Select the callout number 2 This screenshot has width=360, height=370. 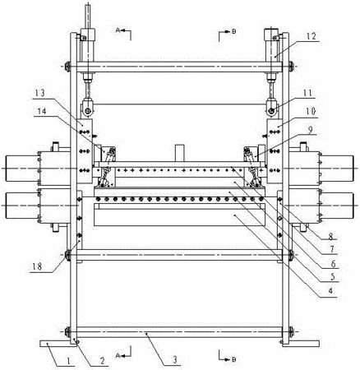click(102, 361)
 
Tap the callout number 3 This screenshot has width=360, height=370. click(175, 359)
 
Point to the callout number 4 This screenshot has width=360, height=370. click(330, 290)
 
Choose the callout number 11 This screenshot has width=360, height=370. click(307, 93)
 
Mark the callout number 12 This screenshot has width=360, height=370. click(312, 36)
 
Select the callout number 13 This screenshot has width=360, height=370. click(39, 93)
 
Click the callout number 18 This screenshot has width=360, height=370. click(37, 266)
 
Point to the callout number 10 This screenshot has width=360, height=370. click(312, 111)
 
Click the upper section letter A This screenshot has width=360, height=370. click(118, 30)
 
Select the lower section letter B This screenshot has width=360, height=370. click(233, 359)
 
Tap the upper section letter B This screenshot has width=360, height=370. click(233, 31)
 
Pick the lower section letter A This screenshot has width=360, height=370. click(118, 355)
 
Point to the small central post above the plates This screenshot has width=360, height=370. click(180, 153)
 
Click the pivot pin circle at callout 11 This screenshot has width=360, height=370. click(271, 111)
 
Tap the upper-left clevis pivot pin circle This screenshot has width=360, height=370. click(88, 111)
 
